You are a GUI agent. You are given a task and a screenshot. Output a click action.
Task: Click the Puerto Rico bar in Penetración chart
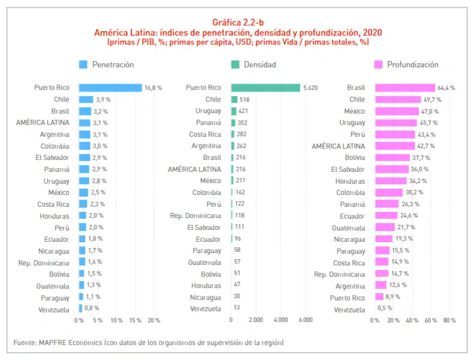[110, 88]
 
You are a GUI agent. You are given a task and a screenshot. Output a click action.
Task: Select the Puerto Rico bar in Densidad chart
[266, 88]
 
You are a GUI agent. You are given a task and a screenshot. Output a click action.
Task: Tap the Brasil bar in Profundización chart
[405, 88]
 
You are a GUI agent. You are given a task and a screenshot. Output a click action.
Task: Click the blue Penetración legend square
[83, 65]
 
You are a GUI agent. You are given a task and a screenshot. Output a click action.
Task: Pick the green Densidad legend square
[235, 65]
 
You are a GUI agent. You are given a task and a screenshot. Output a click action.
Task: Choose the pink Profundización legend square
[378, 65]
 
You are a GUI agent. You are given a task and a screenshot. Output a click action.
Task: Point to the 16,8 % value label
[153, 88]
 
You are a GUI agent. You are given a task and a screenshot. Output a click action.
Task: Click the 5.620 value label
[311, 88]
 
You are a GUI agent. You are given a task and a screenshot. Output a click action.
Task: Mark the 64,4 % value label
[446, 88]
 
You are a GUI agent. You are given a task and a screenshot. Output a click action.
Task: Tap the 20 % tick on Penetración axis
[154, 320]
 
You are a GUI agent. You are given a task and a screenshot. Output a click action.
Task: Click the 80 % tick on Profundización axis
[449, 320]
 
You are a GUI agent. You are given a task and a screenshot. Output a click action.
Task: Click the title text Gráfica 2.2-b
[236, 23]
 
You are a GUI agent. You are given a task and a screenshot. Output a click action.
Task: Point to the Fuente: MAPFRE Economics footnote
[148, 343]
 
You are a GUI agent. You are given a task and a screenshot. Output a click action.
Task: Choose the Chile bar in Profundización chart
[398, 100]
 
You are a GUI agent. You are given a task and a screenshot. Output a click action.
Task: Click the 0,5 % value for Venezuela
[385, 308]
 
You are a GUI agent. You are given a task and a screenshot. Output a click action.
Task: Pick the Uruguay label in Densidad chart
[208, 111]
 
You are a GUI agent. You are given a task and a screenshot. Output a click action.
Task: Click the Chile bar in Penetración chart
[86, 100]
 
